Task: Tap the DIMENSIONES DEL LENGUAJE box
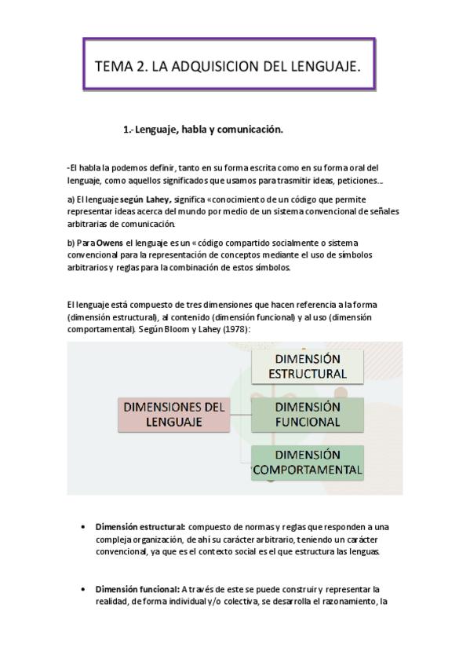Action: click(x=173, y=414)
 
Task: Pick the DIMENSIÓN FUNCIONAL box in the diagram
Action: click(x=308, y=414)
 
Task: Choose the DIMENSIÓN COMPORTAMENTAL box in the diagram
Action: click(x=308, y=463)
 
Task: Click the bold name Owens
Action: click(x=110, y=243)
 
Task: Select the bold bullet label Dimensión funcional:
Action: click(x=137, y=589)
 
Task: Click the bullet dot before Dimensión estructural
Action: click(x=83, y=526)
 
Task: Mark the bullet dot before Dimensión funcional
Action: click(x=83, y=589)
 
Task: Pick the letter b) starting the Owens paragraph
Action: click(x=71, y=243)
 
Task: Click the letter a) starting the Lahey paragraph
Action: click(x=71, y=199)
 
